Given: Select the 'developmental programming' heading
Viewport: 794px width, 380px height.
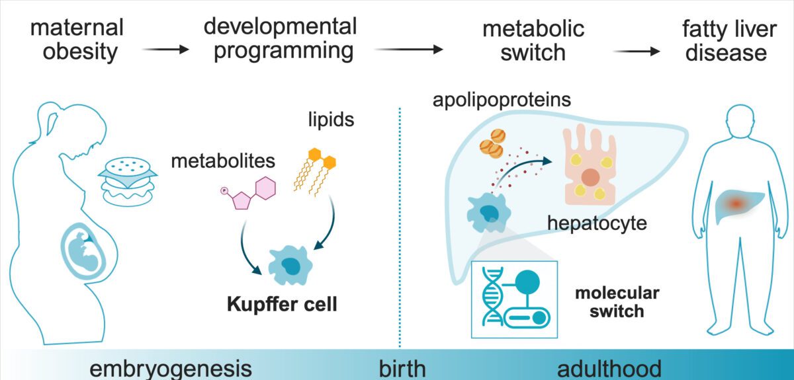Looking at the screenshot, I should pyautogui.click(x=281, y=38).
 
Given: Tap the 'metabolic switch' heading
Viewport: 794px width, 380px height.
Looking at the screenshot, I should pyautogui.click(x=533, y=40).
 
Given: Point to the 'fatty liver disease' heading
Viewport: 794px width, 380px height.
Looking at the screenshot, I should pyautogui.click(x=726, y=40).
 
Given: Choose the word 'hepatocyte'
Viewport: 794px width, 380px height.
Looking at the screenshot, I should pyautogui.click(x=597, y=222).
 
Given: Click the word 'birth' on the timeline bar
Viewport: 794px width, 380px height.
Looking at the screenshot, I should pyautogui.click(x=402, y=368).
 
